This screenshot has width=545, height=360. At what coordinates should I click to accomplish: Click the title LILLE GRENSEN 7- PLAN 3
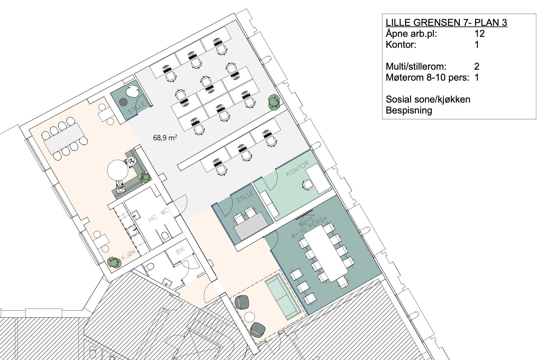click(446, 23)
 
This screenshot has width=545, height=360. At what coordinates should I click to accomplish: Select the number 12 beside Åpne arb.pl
click(479, 33)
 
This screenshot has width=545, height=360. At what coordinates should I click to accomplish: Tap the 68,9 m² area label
click(165, 138)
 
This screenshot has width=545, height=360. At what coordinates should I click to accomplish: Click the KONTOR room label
click(297, 169)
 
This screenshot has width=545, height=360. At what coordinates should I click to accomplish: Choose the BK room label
click(181, 252)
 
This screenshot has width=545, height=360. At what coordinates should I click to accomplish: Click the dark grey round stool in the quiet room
click(123, 102)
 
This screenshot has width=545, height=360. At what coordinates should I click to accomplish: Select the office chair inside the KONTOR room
click(308, 185)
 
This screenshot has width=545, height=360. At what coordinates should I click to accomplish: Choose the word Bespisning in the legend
click(409, 110)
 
